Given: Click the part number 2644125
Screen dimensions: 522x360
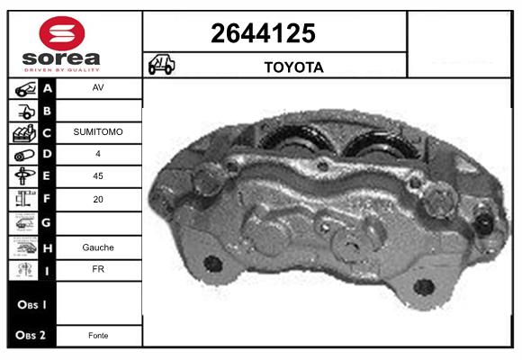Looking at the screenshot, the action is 263,33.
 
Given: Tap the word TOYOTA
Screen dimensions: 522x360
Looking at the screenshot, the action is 294,67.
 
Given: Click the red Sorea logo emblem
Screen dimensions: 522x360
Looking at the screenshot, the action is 62,33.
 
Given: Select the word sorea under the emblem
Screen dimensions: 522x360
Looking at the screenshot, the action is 61,58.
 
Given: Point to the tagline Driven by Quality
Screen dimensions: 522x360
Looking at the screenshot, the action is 62,70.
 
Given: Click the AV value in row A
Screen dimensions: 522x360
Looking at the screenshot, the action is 98,87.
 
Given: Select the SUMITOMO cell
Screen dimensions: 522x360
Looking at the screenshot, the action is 98,132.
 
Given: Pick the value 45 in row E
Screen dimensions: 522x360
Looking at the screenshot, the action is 98,175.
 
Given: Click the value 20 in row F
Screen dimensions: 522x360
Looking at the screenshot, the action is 98,199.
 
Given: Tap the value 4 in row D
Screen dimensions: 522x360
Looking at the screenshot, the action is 98,154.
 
